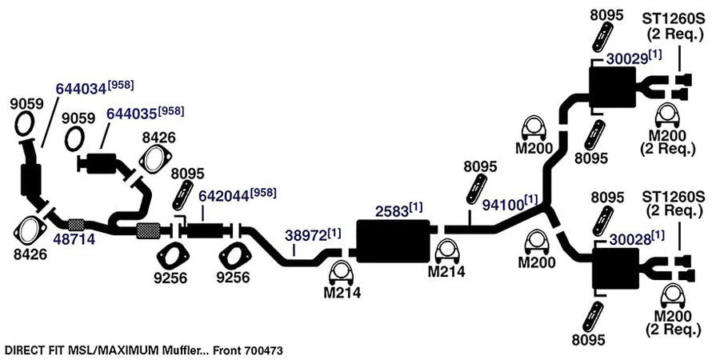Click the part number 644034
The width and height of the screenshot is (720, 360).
(82, 88)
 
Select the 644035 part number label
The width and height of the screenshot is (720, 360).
(132, 114)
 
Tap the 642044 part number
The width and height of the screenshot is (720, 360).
(224, 196)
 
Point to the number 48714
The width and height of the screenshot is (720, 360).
(74, 238)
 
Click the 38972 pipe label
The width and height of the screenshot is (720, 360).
(306, 235)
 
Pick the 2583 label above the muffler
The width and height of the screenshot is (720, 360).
(392, 210)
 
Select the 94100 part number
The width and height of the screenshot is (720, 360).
(503, 205)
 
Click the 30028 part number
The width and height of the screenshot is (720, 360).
(630, 239)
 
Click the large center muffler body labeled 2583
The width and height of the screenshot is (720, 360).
(393, 241)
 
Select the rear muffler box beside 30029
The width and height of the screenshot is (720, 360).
(613, 86)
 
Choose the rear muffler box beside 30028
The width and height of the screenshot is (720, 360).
(616, 269)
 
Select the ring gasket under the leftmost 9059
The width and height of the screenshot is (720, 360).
(24, 123)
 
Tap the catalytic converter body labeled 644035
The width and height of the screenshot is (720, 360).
(101, 163)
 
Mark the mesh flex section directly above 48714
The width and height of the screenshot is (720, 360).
(76, 225)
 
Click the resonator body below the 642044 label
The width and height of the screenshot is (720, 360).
(204, 230)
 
